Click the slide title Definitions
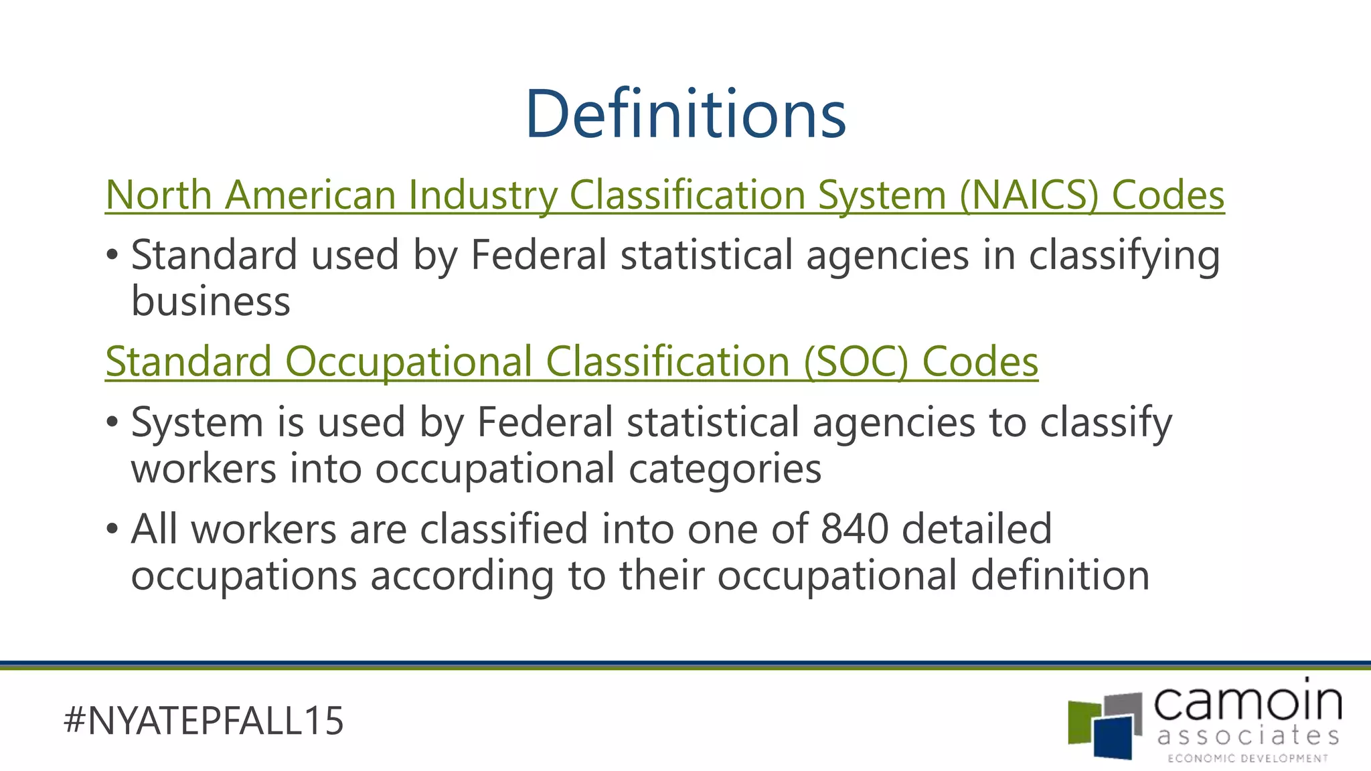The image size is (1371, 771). point(685,114)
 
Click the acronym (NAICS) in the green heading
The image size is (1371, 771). point(1029,195)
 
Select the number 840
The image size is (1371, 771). point(854,529)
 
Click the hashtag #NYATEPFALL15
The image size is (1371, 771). point(204,721)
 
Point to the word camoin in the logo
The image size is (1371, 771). point(1248,703)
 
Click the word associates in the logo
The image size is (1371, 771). point(1248,736)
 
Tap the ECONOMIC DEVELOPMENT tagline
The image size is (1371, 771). point(1248,758)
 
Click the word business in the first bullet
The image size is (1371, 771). point(211,301)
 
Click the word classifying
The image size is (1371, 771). point(1124,256)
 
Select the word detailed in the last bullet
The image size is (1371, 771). point(977,529)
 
